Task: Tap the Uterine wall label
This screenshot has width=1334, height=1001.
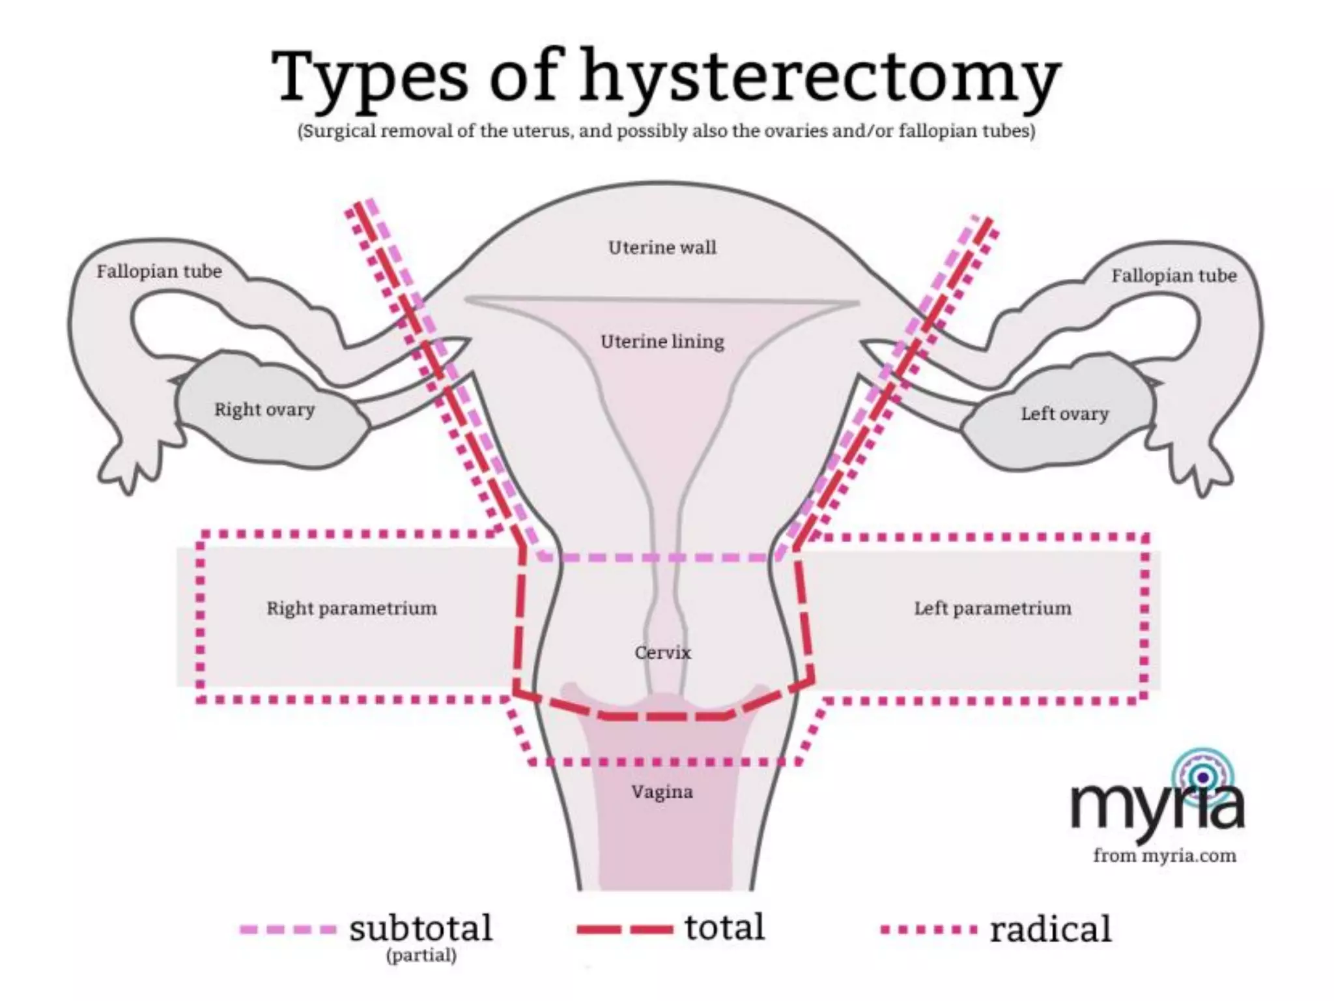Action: click(662, 248)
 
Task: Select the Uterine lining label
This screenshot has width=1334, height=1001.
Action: click(662, 341)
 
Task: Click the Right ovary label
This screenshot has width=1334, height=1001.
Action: click(264, 410)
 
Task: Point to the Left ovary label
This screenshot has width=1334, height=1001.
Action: click(1064, 414)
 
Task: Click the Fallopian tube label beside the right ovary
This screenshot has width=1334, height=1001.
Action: click(159, 271)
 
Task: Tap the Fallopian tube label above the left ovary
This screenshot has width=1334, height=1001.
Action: click(1174, 276)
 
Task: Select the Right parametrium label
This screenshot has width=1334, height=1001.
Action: click(352, 608)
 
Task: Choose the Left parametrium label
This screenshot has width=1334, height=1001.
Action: click(992, 608)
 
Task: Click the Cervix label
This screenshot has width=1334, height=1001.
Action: click(662, 652)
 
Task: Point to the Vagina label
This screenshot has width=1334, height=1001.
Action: click(662, 792)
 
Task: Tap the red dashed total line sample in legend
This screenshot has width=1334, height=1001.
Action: click(624, 929)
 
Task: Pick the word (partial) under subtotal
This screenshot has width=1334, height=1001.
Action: click(421, 956)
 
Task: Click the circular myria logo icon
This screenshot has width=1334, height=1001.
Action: click(1203, 777)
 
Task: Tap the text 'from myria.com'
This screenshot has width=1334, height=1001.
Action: click(1164, 855)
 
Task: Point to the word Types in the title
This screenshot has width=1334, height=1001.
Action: click(369, 77)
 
